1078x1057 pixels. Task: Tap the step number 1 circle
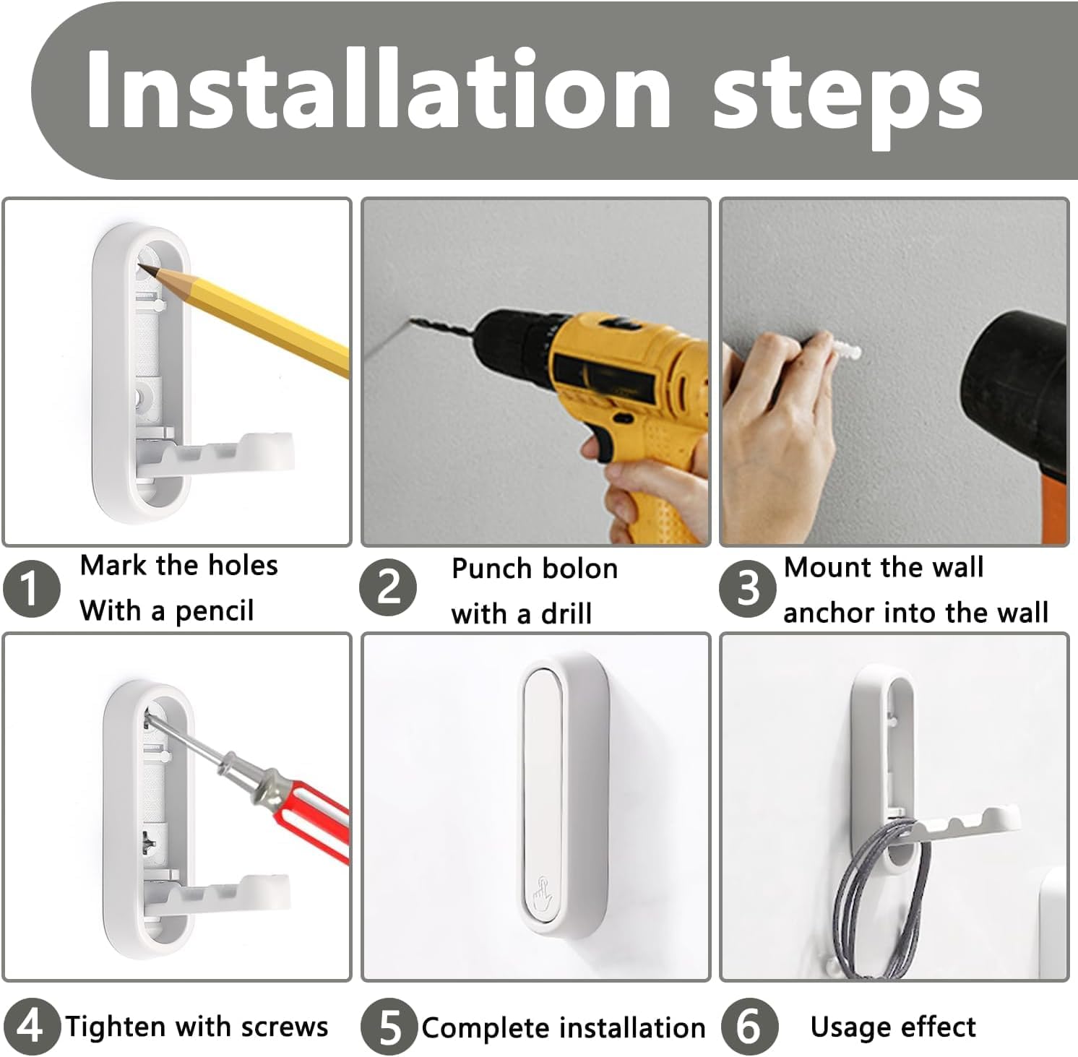30,589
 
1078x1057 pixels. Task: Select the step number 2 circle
388,587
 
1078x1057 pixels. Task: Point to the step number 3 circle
747,588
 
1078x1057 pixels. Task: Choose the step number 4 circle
30,1026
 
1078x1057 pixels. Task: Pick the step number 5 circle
389,1027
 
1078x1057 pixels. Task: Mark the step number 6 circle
749,1027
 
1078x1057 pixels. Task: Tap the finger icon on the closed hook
538,893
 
